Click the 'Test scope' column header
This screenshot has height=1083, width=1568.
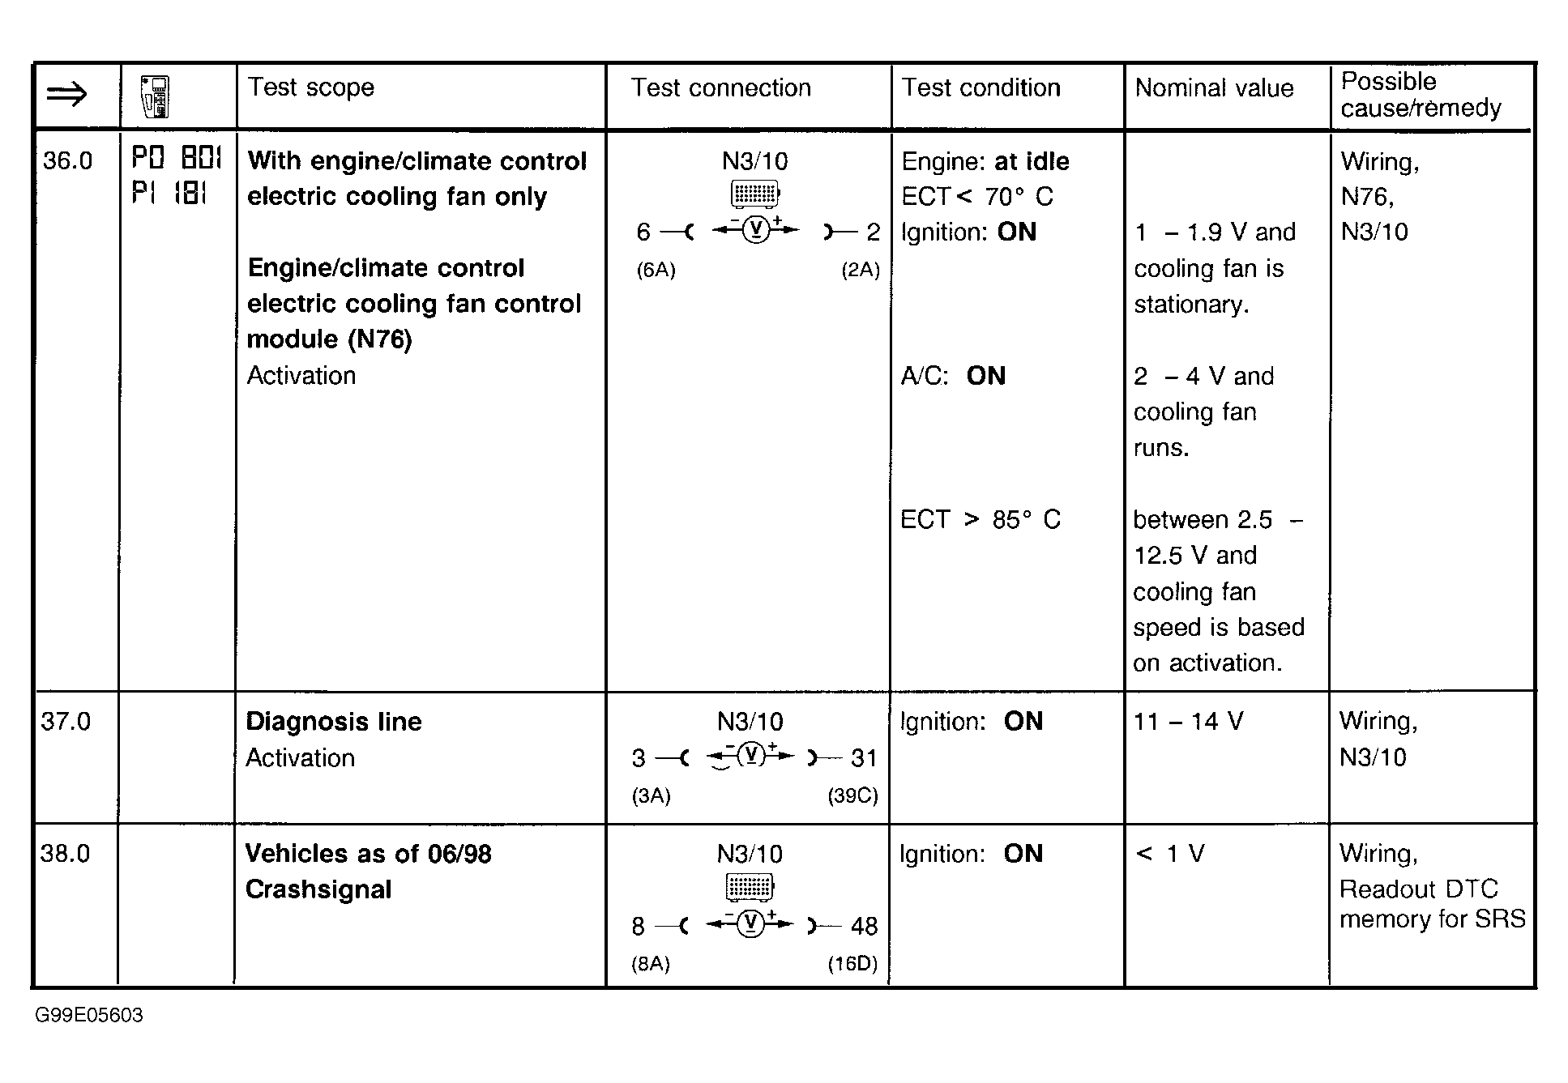pyautogui.click(x=310, y=87)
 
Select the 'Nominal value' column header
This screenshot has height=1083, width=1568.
pyautogui.click(x=1213, y=88)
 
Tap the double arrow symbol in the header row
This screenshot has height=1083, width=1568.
pyautogui.click(x=67, y=96)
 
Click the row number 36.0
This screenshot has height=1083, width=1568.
pyautogui.click(x=67, y=160)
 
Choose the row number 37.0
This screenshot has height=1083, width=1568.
pyautogui.click(x=66, y=721)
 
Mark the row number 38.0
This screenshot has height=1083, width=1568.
pyautogui.click(x=65, y=853)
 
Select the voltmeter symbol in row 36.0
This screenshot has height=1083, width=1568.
pyautogui.click(x=755, y=232)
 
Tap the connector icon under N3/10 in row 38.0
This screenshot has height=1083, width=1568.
pyautogui.click(x=750, y=887)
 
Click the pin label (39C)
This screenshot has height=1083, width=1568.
pyautogui.click(x=852, y=795)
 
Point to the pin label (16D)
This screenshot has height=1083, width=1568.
pyautogui.click(x=852, y=964)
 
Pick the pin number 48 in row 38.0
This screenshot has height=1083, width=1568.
pyautogui.click(x=864, y=926)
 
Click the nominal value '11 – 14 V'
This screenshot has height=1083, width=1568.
pyautogui.click(x=1187, y=721)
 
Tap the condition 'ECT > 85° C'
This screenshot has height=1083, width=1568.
pyautogui.click(x=980, y=519)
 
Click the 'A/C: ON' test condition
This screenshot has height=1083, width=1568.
pyautogui.click(x=953, y=376)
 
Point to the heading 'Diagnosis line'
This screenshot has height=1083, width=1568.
pyautogui.click(x=333, y=721)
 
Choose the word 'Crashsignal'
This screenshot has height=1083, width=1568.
pyautogui.click(x=318, y=889)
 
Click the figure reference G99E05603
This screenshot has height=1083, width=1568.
pyautogui.click(x=88, y=1015)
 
